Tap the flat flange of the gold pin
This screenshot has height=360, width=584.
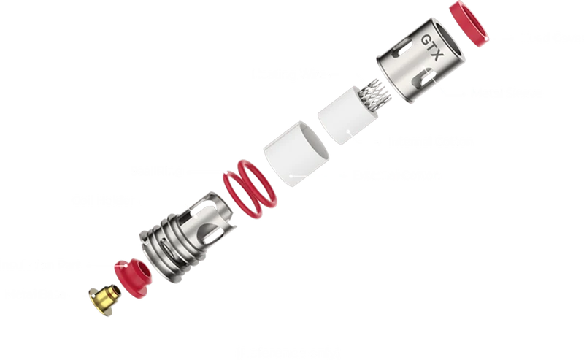[x=98, y=304]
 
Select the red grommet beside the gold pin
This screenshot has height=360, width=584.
[x=133, y=278]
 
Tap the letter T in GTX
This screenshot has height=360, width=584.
[x=432, y=47]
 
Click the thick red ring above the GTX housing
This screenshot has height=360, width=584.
[x=469, y=23]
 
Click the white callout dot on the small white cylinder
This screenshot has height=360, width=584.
[x=349, y=131]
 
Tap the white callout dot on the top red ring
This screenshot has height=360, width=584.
[x=486, y=38]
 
